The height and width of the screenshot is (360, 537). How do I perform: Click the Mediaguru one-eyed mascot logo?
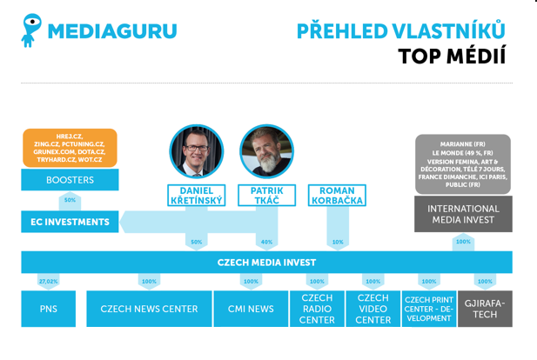click(x=30, y=30)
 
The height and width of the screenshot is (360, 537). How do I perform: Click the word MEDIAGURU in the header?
click(x=112, y=31)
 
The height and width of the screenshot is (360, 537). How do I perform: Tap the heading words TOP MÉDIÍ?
click(x=452, y=57)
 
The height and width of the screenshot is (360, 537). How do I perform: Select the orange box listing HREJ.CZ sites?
click(x=70, y=148)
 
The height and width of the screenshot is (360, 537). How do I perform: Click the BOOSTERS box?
click(x=70, y=180)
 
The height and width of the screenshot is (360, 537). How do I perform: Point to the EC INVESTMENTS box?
click(x=70, y=222)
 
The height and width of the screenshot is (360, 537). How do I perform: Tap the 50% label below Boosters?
click(x=70, y=200)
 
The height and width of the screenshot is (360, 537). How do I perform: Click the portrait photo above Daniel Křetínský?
click(x=197, y=151)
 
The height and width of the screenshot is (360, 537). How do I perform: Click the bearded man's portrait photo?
click(x=267, y=151)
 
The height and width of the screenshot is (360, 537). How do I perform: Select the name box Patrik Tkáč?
click(x=267, y=196)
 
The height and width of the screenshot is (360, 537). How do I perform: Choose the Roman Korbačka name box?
click(x=337, y=196)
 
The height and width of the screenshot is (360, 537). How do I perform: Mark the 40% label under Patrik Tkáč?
click(x=267, y=242)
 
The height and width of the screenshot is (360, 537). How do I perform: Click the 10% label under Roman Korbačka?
click(x=338, y=242)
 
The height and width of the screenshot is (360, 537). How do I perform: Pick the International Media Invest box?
click(x=463, y=214)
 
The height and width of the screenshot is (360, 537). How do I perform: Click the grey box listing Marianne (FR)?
click(x=463, y=164)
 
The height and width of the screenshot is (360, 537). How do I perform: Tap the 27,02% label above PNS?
click(x=48, y=281)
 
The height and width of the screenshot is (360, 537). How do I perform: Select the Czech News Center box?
click(x=149, y=309)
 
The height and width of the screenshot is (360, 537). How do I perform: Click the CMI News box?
click(x=251, y=309)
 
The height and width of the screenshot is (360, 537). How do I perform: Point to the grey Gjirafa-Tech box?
click(x=486, y=309)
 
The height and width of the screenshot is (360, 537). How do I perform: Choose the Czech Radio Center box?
click(x=317, y=309)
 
